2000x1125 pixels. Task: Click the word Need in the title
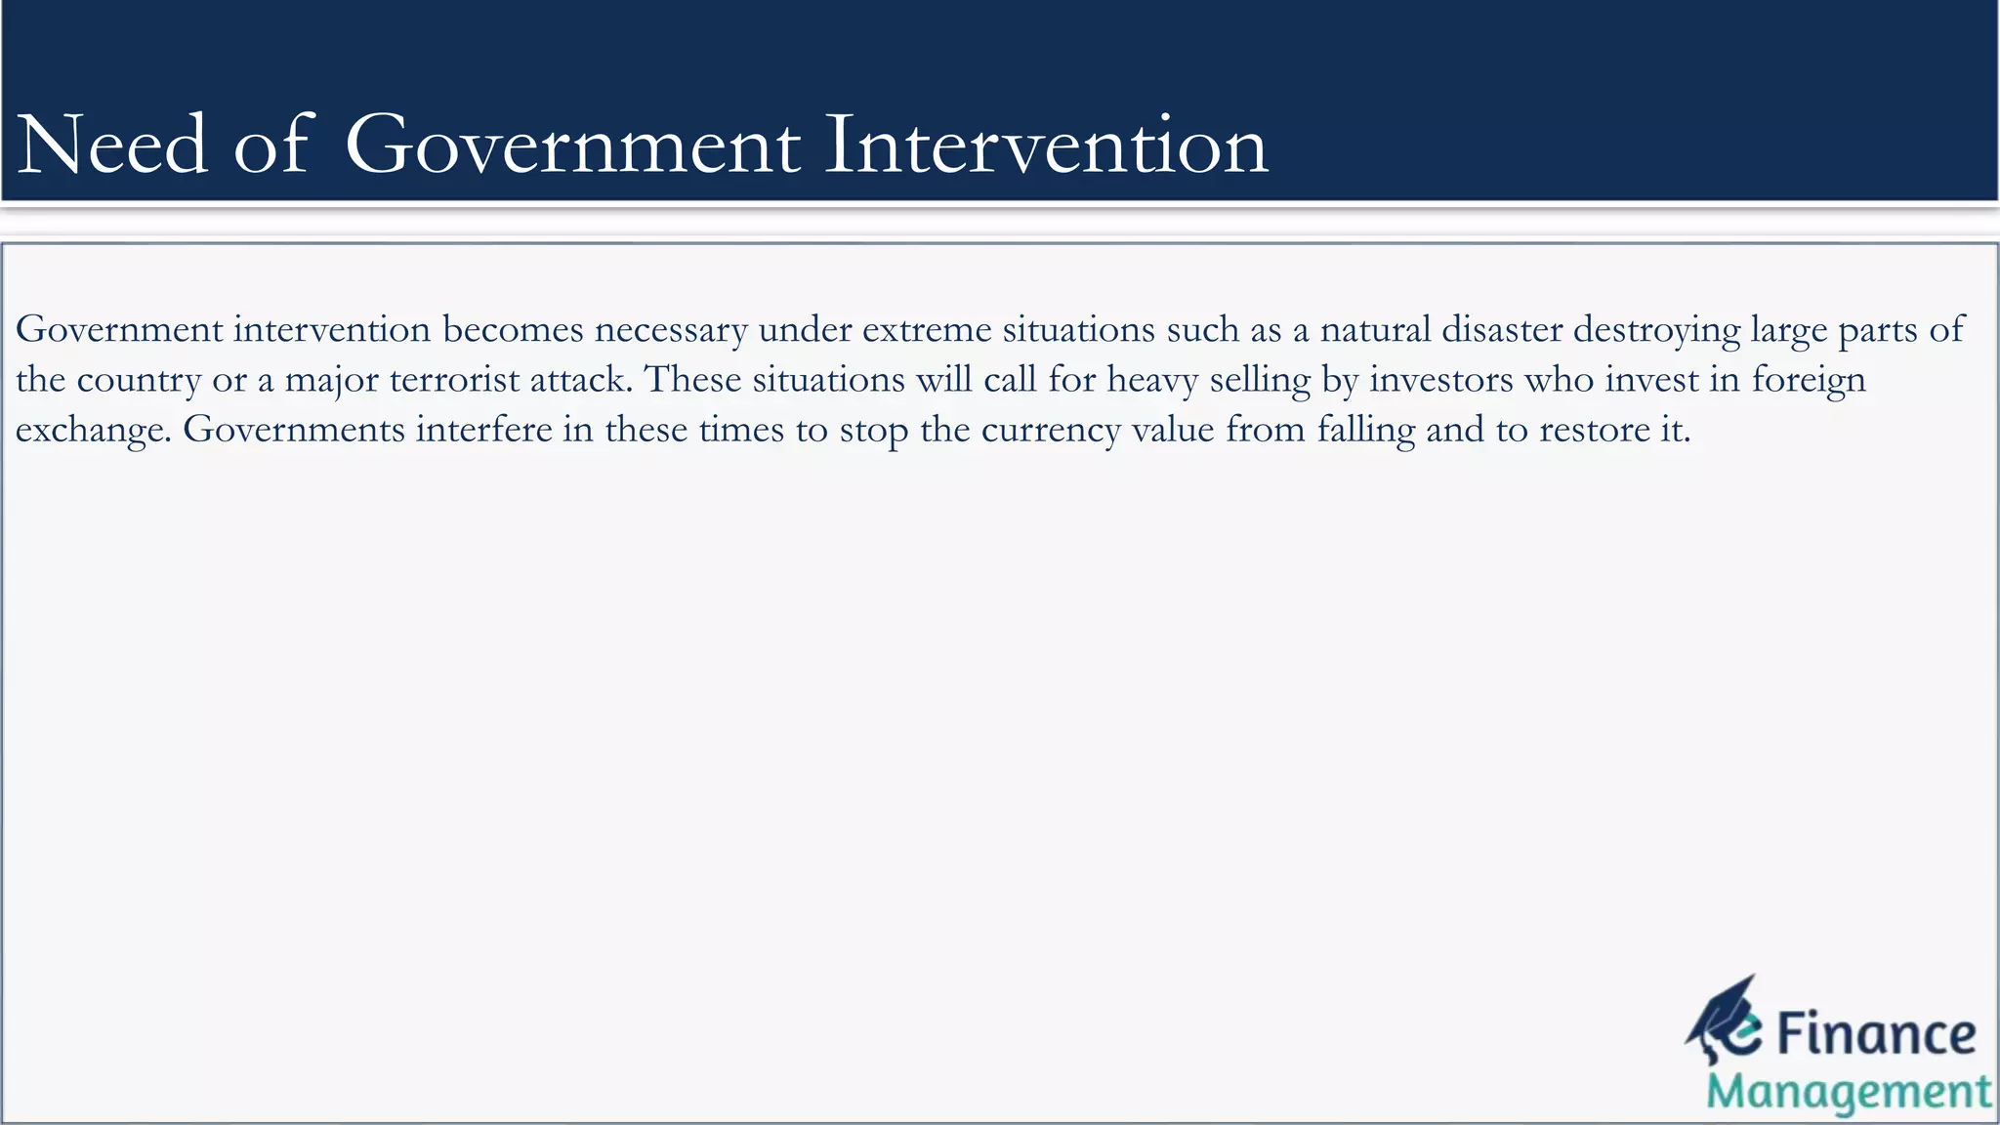click(112, 146)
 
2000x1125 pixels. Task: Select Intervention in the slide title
click(1046, 146)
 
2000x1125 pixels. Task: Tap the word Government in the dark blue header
click(572, 146)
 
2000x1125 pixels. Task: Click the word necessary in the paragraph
click(671, 330)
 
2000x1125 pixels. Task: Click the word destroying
click(1656, 330)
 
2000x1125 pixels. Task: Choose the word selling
click(1260, 380)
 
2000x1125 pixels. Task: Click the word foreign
click(1809, 380)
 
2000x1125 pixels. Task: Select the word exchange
click(93, 431)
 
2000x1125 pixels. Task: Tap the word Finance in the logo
click(1875, 1035)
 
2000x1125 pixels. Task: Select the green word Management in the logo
click(1849, 1093)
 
